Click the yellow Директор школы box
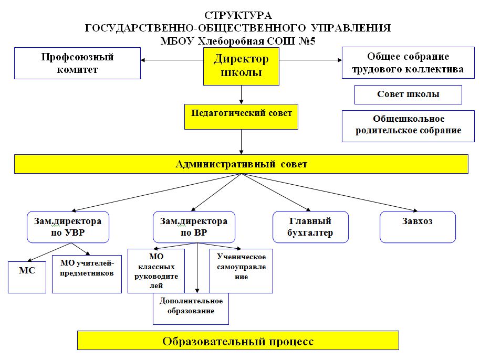[241, 66]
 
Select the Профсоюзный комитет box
[77, 63]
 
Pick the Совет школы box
[408, 94]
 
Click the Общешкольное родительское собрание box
[408, 125]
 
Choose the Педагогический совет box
[241, 116]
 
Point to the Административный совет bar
[241, 164]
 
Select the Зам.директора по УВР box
[68, 227]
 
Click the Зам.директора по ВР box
[194, 227]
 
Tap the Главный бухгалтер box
[310, 227]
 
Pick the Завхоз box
[418, 227]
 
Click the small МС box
[27, 277]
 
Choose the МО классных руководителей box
[156, 271]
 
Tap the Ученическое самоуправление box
[241, 270]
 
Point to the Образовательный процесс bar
[238, 341]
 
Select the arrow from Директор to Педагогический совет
[241, 94]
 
